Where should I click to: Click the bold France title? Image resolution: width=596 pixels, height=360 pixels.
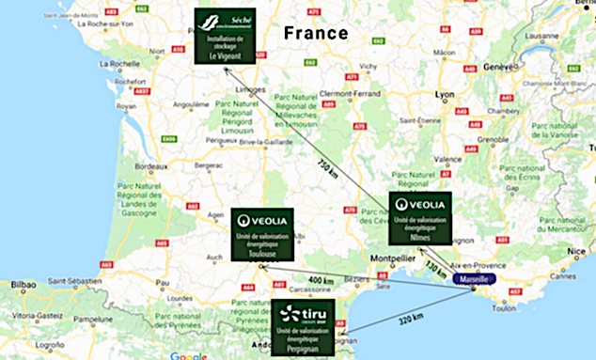316,33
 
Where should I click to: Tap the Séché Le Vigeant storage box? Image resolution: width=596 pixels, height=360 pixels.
226,36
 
